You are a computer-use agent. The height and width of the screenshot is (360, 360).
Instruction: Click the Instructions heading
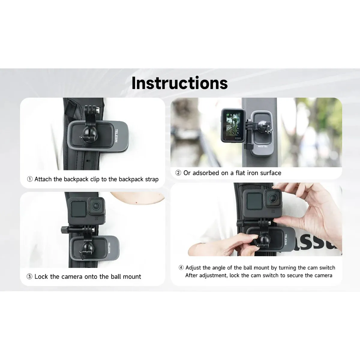[180, 83]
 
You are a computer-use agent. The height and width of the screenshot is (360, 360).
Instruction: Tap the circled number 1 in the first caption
[30, 179]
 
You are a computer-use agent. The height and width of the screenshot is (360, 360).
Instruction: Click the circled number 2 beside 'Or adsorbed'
[178, 173]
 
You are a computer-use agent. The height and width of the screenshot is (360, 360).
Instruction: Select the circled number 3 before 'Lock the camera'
[29, 277]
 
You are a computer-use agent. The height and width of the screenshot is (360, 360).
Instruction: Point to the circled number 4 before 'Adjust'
[181, 268]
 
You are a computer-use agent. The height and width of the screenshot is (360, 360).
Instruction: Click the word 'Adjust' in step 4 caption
[193, 268]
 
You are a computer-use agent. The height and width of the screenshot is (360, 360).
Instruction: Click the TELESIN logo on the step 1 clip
[116, 135]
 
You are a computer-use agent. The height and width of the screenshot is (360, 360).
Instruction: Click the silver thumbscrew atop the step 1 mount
[97, 110]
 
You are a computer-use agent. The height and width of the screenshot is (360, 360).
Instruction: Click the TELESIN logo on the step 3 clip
[109, 248]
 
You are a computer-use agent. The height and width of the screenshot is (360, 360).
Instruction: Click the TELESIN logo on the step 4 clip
[286, 239]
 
